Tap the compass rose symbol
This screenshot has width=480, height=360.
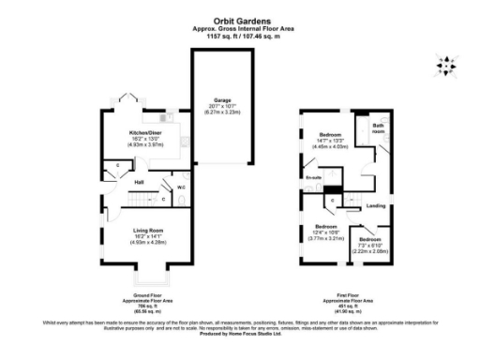(x=446, y=66)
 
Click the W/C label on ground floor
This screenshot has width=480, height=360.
(x=180, y=186)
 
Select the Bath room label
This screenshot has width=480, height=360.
(x=378, y=128)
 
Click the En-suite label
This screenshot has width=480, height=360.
(x=312, y=177)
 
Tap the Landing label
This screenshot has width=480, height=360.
(x=376, y=205)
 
